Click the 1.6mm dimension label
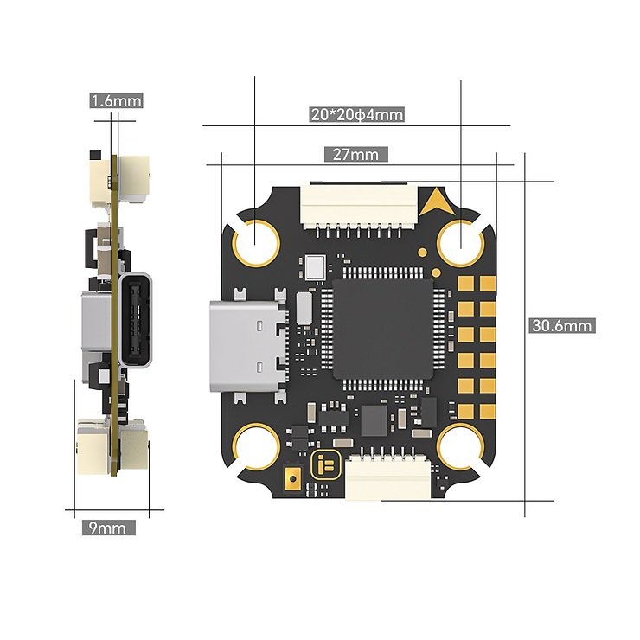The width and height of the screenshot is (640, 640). (116, 100)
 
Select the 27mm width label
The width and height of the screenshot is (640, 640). (355, 155)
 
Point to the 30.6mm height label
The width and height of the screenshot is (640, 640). (562, 326)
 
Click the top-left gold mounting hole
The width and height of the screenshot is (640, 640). (255, 240)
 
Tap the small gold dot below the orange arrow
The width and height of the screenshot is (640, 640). (423, 253)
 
